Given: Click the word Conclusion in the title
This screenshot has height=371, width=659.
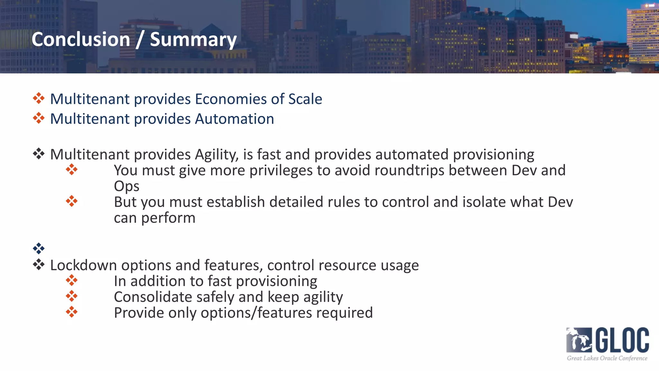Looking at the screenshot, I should coord(81,39).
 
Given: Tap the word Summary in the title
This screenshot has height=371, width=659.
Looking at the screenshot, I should coord(193,40).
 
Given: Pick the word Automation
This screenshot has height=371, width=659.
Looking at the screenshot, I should coord(234,119).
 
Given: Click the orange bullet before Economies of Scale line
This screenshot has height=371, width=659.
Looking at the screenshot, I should coord(39,98).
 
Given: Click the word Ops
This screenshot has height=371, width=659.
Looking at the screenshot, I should coord(126,186).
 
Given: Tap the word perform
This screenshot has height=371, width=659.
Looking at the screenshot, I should coord(168,218).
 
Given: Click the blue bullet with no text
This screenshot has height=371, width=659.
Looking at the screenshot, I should coord(39,248).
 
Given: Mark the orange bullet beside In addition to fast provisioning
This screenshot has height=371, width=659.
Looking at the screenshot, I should coord(71,280).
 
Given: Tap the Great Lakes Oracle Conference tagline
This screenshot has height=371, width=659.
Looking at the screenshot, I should coord(607,358).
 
